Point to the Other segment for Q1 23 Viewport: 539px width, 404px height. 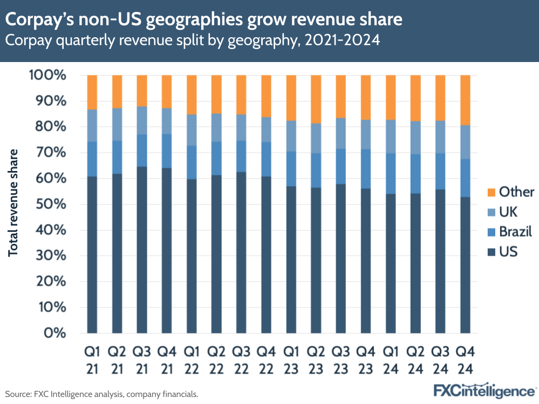291,98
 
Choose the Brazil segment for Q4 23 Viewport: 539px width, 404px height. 366,169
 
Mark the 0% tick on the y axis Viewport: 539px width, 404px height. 54,333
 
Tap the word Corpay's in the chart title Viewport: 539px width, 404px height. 41,20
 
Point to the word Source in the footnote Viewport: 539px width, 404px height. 18,394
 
